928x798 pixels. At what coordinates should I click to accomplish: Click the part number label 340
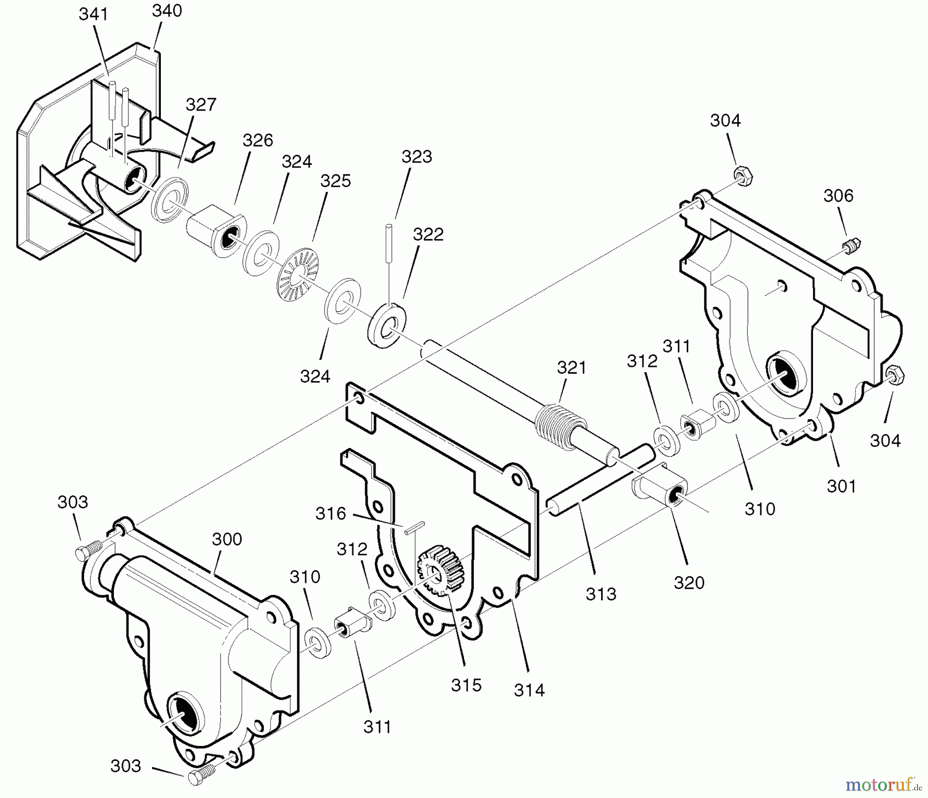167,11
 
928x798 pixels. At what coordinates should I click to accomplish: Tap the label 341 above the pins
93,14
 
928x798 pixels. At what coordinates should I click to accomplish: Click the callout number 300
227,539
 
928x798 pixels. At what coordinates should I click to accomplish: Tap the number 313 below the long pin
601,594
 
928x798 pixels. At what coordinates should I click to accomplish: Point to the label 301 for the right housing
841,486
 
